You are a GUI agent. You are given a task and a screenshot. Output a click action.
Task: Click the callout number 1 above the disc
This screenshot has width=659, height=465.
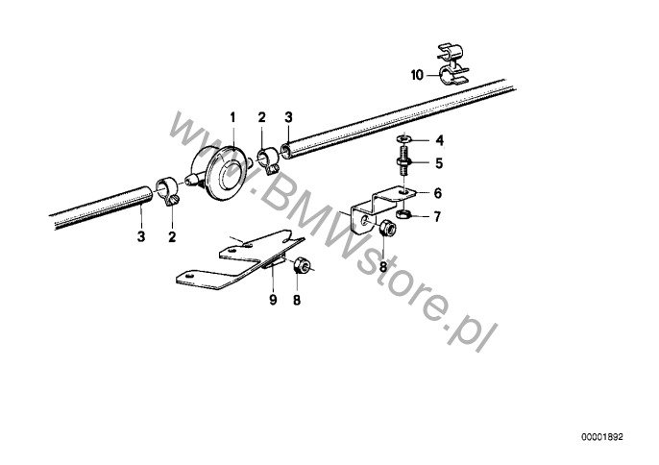tap(232, 118)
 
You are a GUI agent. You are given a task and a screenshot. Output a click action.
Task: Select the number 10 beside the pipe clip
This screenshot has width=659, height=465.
tap(417, 75)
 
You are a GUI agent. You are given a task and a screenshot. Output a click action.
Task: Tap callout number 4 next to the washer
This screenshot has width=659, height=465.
tap(440, 140)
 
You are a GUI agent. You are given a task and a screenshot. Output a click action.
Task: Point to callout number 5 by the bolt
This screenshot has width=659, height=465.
tap(439, 163)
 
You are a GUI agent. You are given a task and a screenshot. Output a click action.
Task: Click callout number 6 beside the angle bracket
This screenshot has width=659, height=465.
tap(438, 193)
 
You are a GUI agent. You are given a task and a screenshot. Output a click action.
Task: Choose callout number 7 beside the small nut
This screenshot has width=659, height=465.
tap(437, 217)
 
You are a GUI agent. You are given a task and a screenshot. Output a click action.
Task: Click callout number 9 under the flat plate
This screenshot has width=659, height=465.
tap(273, 300)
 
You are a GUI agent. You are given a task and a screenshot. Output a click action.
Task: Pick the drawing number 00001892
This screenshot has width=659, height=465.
tap(602, 437)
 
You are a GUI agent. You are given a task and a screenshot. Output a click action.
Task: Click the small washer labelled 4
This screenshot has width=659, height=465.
tap(404, 137)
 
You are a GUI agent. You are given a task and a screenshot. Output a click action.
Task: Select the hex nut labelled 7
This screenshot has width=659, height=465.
tap(403, 214)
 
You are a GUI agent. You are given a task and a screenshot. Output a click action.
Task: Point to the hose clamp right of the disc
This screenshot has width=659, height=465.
tap(266, 161)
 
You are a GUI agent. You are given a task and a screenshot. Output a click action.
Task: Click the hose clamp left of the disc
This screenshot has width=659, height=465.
tap(168, 191)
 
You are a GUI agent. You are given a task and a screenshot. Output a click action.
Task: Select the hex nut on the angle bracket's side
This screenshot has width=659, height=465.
tap(387, 229)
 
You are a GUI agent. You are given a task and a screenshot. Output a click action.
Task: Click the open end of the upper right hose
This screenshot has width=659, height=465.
tap(286, 151)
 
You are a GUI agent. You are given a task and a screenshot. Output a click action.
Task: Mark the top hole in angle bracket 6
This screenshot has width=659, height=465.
tap(403, 191)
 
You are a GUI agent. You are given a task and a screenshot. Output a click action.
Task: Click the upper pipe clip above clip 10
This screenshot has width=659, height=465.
tap(451, 53)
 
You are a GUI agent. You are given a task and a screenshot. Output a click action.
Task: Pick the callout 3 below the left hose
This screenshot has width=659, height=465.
tap(141, 236)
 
